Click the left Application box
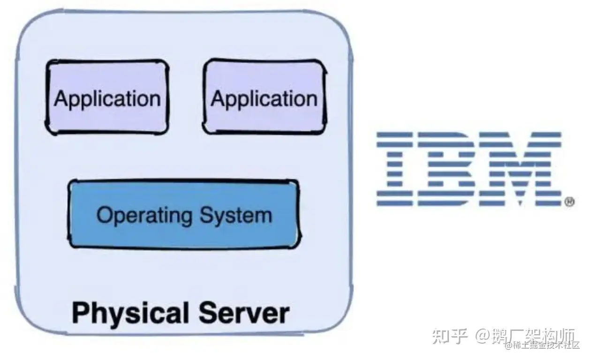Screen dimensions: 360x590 tap(107, 97)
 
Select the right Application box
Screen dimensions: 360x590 tap(265, 97)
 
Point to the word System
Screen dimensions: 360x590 tap(236, 216)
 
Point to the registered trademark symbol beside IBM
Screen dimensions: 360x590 tap(569, 202)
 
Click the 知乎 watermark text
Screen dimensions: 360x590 tap(449, 336)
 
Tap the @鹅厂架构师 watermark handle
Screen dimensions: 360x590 tap(525, 336)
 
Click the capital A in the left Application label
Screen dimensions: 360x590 tap(61, 98)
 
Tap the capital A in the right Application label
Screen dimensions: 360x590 tap(218, 98)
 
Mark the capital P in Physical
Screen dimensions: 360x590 tap(81, 312)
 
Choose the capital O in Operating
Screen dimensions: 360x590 tap(105, 215)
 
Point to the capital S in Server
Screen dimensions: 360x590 tap(208, 312)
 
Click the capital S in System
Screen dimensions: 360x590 tap(207, 215)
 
